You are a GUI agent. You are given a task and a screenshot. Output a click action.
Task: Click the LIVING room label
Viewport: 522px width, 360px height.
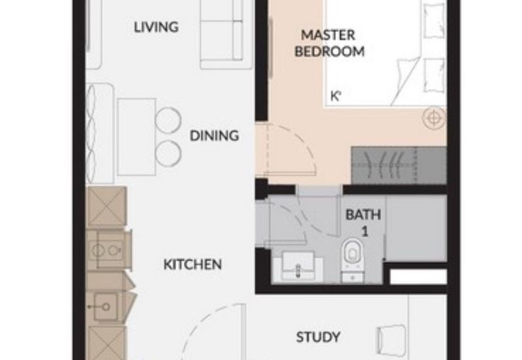pos(156,27)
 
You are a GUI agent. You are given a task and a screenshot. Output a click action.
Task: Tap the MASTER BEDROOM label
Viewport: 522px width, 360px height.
pos(330,43)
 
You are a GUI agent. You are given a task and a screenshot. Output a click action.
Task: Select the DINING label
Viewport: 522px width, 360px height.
pos(214,136)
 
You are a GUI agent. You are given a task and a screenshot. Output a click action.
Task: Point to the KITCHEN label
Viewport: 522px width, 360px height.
pos(192,265)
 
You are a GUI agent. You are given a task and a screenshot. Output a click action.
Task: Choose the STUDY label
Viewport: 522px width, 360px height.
pos(318,337)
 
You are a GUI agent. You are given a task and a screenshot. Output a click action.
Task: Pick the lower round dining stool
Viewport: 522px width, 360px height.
pos(168,153)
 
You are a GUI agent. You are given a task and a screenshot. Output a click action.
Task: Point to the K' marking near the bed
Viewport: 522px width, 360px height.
pos(337,96)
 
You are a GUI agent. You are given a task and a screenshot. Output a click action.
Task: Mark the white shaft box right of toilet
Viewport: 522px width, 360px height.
pos(418,277)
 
